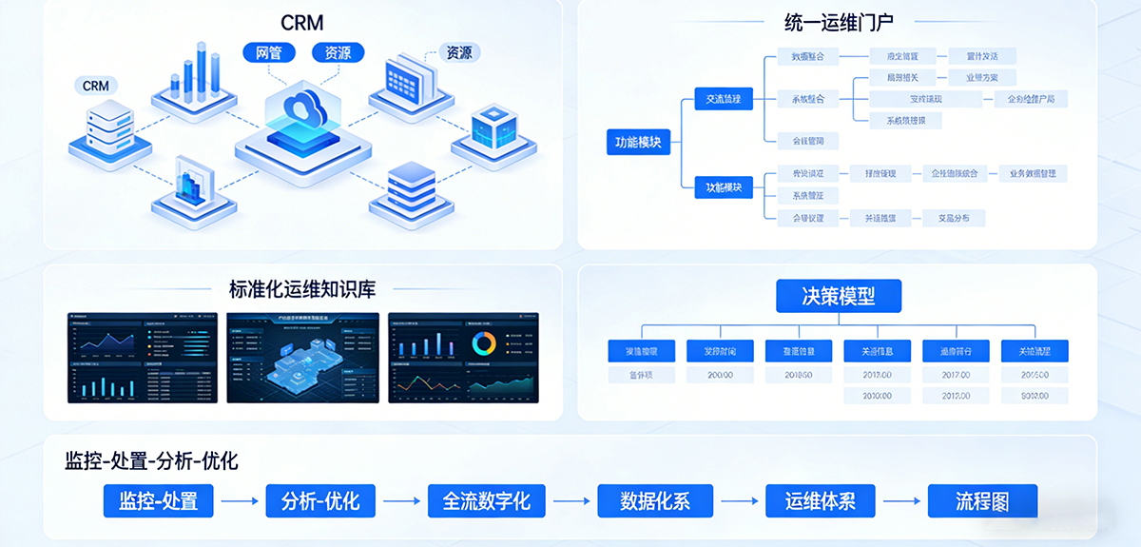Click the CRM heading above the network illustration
point(303,22)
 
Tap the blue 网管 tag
point(269,52)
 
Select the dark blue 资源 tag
point(338,52)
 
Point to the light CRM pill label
point(96,86)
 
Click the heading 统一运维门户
point(838,21)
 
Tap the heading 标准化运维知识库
point(302,289)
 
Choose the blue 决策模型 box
point(838,296)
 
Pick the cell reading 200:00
point(720,375)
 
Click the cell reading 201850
point(798,375)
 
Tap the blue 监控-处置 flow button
point(159,500)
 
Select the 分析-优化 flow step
point(320,500)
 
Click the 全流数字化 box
point(487,500)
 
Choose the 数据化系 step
point(655,500)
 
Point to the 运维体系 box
point(821,500)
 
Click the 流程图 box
point(982,500)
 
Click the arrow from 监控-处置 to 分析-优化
point(240,500)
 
